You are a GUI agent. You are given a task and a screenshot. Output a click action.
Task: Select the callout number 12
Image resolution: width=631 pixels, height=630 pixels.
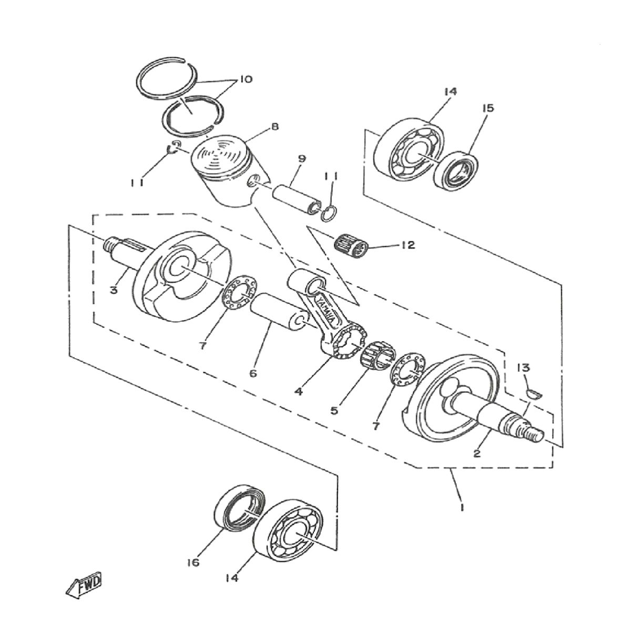tap(408, 245)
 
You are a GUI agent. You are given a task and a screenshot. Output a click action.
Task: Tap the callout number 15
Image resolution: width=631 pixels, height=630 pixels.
tap(487, 108)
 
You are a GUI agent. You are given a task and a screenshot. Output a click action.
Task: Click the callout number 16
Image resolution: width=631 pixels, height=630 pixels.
tap(194, 563)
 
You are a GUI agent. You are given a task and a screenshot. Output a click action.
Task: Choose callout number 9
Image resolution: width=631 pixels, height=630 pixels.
tap(301, 158)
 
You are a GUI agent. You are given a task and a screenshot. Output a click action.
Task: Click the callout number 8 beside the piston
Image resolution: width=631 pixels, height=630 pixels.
tap(274, 127)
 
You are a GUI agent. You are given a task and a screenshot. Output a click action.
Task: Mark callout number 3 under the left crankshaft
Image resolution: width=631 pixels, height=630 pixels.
tap(114, 290)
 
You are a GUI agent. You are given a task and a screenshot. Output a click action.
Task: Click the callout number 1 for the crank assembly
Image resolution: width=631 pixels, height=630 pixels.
tap(461, 508)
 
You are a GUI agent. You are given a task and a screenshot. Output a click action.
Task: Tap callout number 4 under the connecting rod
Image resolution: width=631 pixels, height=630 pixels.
tap(298, 392)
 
